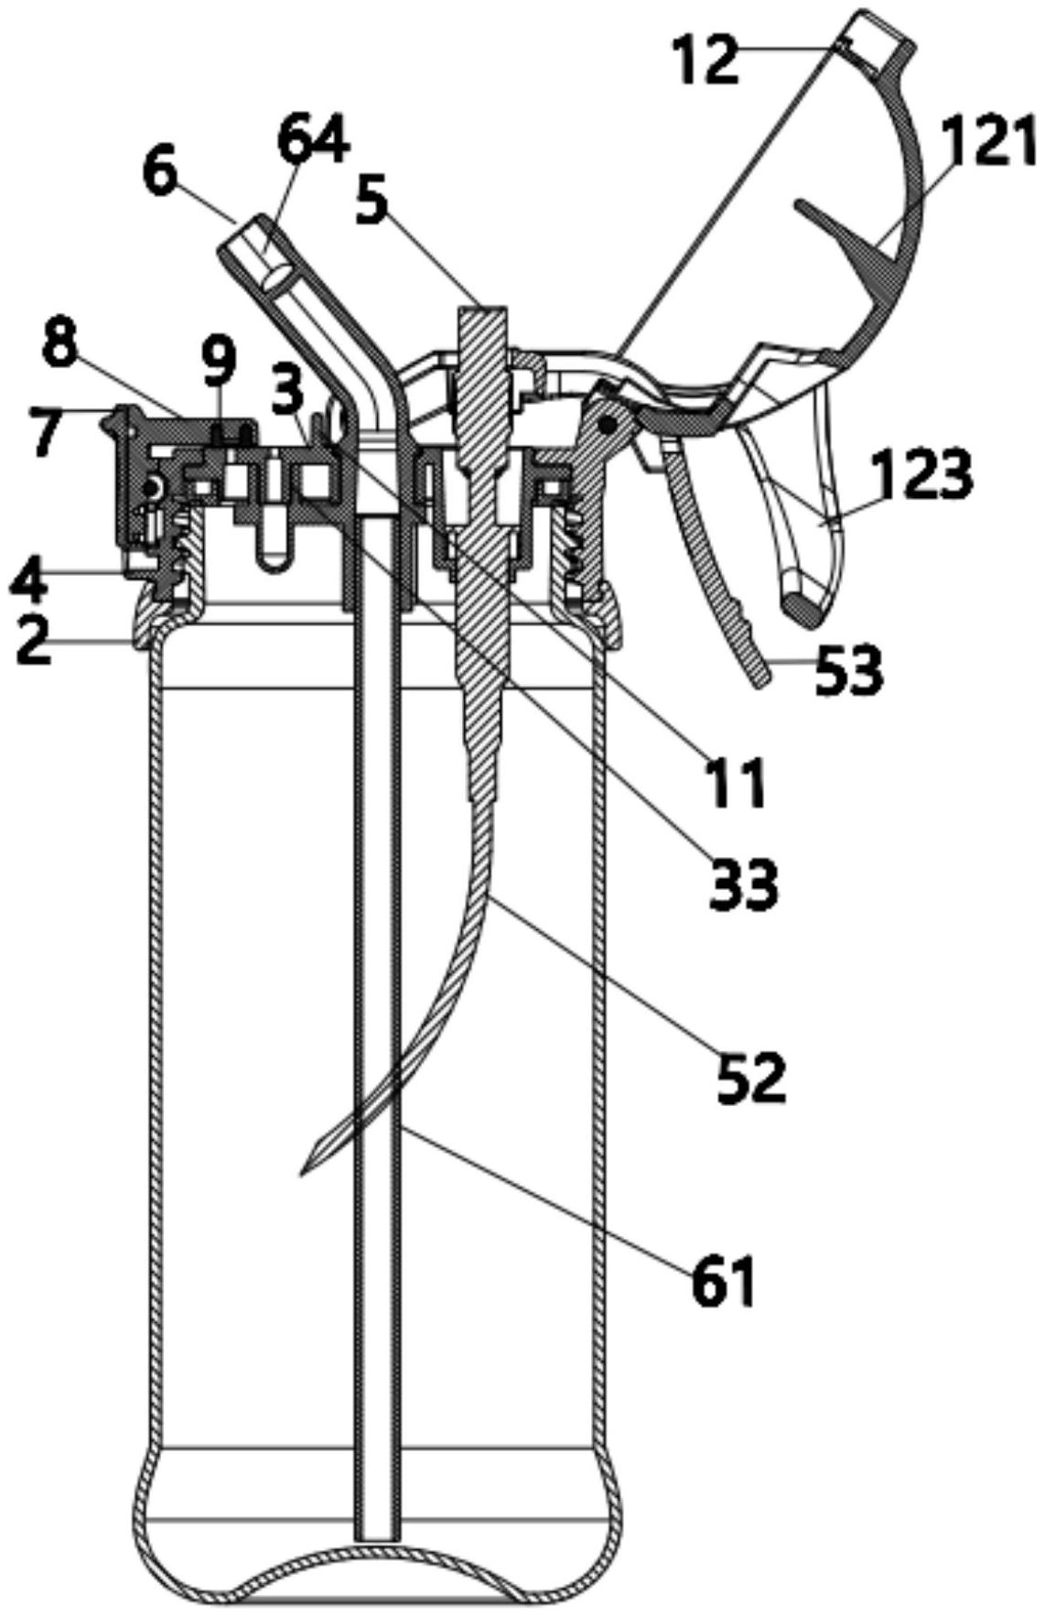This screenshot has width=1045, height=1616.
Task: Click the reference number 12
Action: [x=706, y=60]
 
